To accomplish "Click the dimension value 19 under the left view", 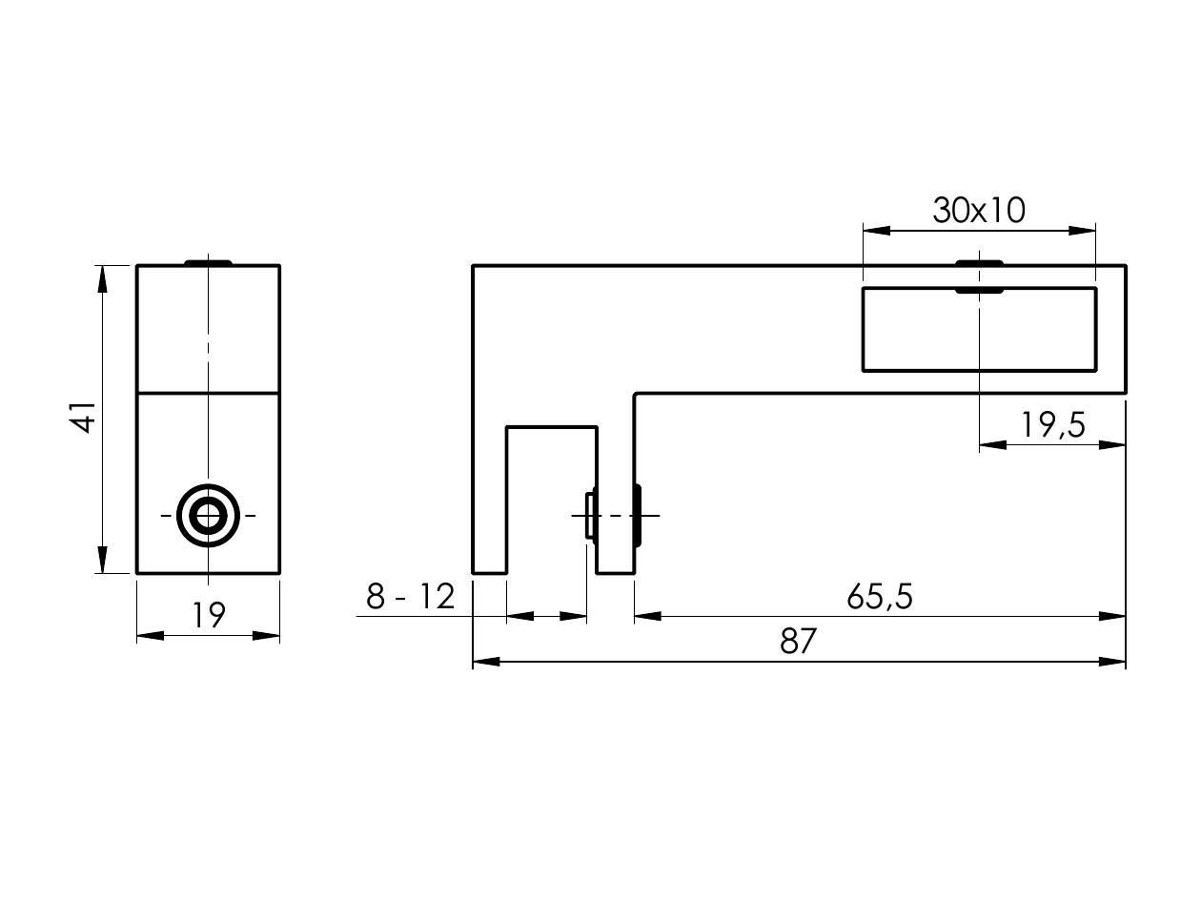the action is coord(209,615).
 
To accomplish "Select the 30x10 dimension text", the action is coord(979,211).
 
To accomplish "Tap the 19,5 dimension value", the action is coord(1053,425).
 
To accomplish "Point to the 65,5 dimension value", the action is coord(880,596).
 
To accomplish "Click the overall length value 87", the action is coord(799,641).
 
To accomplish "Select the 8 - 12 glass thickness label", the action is coord(411,596).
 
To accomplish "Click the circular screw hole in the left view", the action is coord(208,515).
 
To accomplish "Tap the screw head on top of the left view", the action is coord(208,262).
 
